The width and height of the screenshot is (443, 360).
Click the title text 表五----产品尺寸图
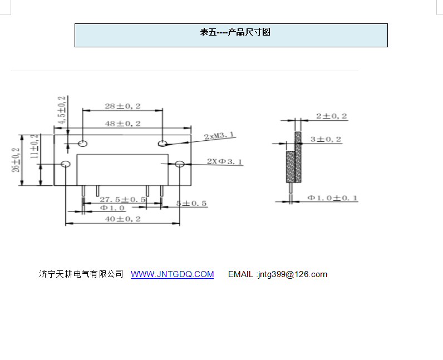(235, 32)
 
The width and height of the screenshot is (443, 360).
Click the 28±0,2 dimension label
(122, 106)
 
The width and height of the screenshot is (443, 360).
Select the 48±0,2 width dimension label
(122, 123)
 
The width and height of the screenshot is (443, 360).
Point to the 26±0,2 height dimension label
(17, 159)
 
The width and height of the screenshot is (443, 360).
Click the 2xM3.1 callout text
(219, 135)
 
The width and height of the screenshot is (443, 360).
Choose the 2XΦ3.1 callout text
(225, 161)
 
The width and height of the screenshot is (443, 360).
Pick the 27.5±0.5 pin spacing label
(122, 199)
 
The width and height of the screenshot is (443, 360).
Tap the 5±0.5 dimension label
(191, 204)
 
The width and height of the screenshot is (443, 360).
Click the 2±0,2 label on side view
(332, 116)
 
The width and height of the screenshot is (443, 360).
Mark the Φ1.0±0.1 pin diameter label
(333, 198)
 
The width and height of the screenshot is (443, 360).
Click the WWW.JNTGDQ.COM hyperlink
(172, 274)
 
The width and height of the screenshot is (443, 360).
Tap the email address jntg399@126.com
(292, 274)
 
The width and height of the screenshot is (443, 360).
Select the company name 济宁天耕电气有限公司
(81, 274)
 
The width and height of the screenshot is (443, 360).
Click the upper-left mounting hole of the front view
(83, 143)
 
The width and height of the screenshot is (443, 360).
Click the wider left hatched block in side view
(290, 166)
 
